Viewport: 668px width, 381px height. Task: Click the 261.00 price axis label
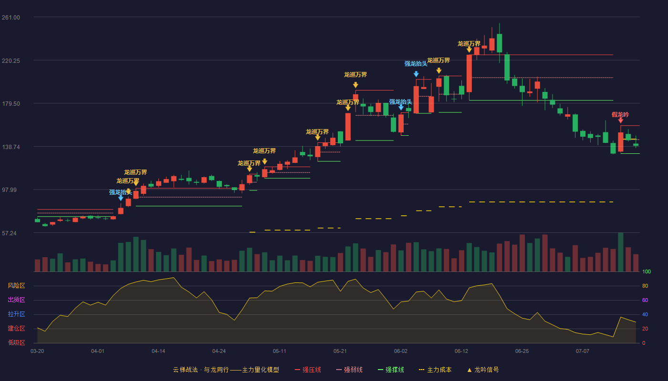[x=11, y=18]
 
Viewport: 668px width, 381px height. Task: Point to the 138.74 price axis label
[x=11, y=147]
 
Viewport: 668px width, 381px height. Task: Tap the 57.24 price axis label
[x=9, y=233]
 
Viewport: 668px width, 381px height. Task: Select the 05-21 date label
[x=340, y=351]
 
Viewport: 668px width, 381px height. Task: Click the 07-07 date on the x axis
[x=583, y=351]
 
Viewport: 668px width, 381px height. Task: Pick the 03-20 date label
[x=37, y=351]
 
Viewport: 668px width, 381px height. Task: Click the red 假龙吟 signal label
[x=620, y=115]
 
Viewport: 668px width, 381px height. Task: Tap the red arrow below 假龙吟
[x=621, y=120]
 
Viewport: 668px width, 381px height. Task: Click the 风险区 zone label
[x=16, y=286]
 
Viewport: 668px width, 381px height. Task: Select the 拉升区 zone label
[x=16, y=314]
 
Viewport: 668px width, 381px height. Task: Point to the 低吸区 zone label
[x=16, y=342]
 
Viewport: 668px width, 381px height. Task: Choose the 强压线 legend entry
[x=308, y=370]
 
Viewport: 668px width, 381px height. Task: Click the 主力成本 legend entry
[x=435, y=370]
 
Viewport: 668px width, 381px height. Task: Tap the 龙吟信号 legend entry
[x=483, y=370]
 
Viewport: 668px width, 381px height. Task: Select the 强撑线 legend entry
[x=391, y=370]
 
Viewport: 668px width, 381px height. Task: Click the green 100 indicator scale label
[x=647, y=271]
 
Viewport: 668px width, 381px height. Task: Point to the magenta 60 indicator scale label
[x=645, y=300]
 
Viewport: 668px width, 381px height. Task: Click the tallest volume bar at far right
[x=621, y=252]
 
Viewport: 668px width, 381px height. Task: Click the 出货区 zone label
[x=16, y=300]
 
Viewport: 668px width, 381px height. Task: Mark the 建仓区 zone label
[x=16, y=328]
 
